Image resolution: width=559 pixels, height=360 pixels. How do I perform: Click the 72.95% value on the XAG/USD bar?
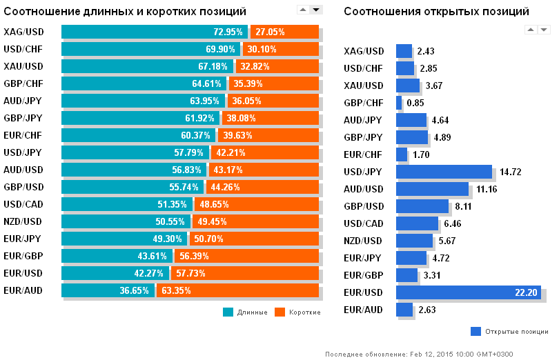228,32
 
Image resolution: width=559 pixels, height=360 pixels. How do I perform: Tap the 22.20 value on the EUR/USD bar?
526,292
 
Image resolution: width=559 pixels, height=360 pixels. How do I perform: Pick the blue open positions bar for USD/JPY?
444,172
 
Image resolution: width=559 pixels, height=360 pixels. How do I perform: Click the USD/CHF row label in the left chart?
23,49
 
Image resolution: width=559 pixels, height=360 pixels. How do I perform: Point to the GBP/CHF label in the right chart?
364,103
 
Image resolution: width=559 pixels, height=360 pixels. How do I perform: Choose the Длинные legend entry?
246,312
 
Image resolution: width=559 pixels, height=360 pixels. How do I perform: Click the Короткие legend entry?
297,312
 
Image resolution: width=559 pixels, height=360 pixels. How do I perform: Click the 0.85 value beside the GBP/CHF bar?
415,103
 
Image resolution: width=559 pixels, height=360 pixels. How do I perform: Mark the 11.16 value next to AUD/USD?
486,189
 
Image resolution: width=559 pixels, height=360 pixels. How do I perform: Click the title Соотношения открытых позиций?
436,12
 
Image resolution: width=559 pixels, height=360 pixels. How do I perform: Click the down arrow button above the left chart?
316,10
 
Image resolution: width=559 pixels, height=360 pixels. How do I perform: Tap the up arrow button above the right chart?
531,29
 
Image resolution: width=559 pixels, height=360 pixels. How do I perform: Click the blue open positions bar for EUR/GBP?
407,275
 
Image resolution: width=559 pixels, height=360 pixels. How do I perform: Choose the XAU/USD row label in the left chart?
23,66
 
